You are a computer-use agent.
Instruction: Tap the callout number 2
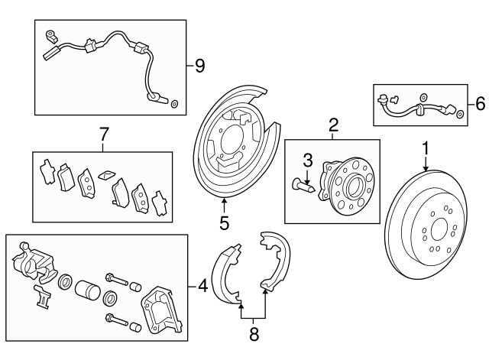(x=333, y=125)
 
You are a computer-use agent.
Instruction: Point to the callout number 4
(x=202, y=287)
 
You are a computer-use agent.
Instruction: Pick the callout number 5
(x=224, y=223)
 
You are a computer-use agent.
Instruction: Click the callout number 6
(x=480, y=102)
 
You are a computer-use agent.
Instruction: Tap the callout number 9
(x=199, y=66)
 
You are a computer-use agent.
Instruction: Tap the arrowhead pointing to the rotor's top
(x=426, y=168)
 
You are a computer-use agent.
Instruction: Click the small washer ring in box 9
(x=173, y=102)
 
